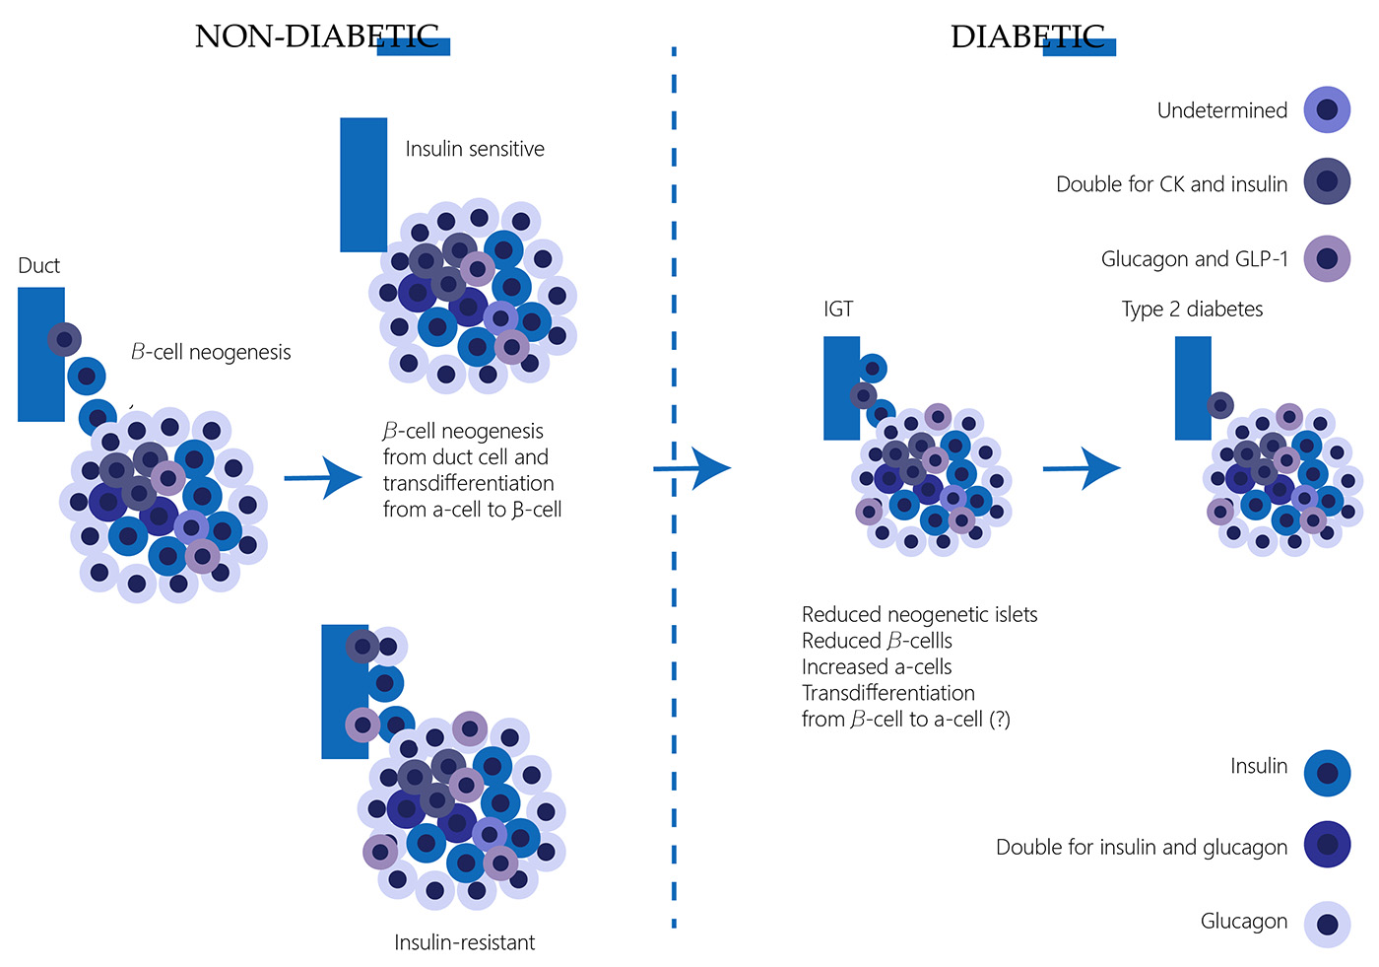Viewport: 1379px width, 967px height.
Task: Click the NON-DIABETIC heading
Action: [x=316, y=36]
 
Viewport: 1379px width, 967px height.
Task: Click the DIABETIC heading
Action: [x=1027, y=36]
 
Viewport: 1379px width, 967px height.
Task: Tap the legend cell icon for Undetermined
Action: [x=1327, y=110]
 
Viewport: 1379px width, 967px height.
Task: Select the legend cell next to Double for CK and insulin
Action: [x=1327, y=182]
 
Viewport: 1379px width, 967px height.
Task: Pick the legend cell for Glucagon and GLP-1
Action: [x=1327, y=258]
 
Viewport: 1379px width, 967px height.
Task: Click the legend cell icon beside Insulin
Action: [x=1327, y=772]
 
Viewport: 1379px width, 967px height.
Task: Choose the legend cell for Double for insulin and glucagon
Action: [x=1327, y=845]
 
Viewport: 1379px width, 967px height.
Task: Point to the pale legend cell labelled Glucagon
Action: [x=1327, y=924]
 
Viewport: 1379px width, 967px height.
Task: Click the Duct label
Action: [x=39, y=265]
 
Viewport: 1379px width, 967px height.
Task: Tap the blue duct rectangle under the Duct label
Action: [x=41, y=354]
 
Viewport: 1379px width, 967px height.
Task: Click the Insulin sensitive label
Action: [x=475, y=149]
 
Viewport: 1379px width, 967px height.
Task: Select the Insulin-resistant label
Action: [x=464, y=942]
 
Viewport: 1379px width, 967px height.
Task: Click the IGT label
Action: [x=838, y=309]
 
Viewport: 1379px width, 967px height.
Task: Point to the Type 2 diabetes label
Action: [x=1192, y=309]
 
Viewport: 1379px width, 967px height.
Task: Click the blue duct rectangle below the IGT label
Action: [x=841, y=387]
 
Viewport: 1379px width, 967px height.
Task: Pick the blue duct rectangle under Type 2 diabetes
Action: [x=1193, y=387]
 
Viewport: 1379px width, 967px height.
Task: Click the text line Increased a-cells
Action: [x=877, y=666]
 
